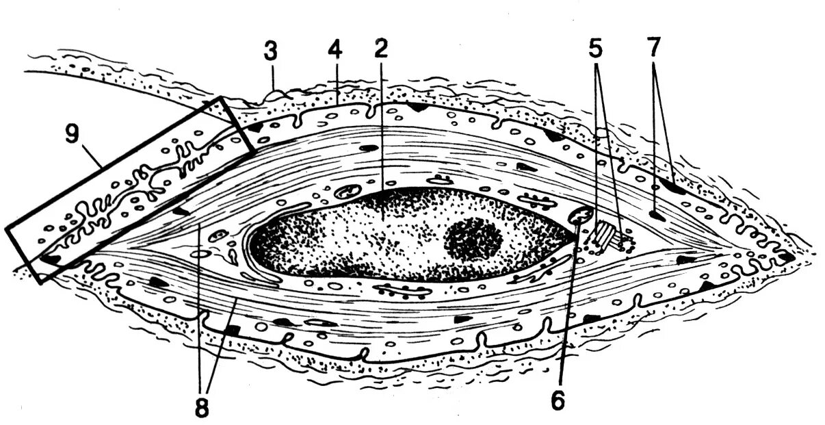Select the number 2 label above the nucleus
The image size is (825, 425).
(x=381, y=49)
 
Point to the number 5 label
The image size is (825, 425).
(x=597, y=49)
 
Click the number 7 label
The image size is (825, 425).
(x=654, y=49)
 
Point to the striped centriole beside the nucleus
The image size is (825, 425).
(x=606, y=236)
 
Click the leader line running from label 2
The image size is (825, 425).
(x=382, y=123)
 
